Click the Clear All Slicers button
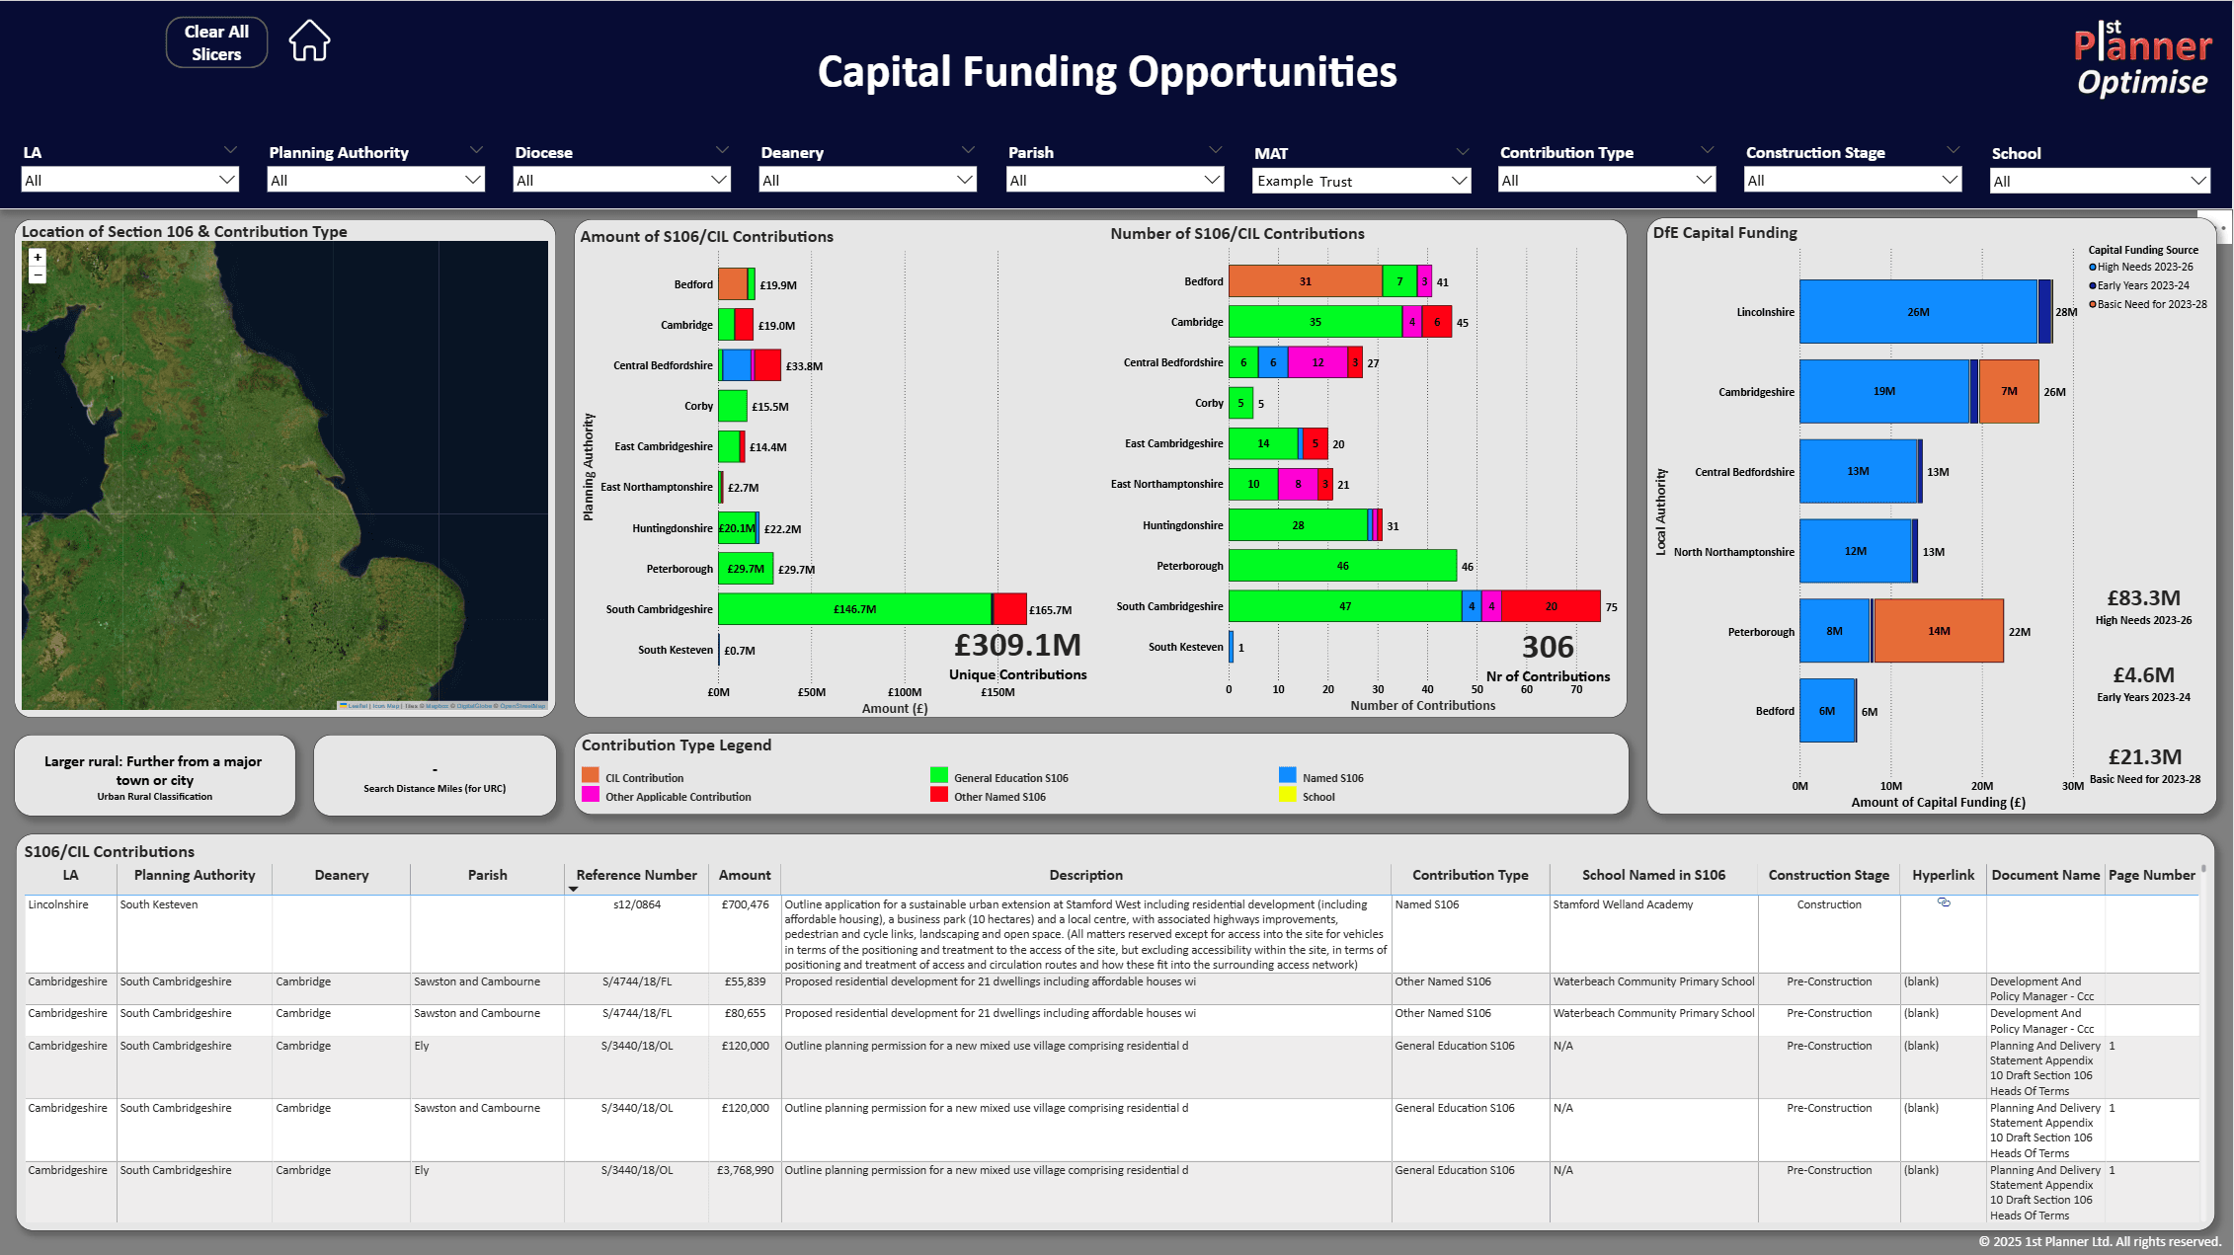coord(216,42)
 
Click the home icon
coord(309,41)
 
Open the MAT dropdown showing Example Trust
coord(1361,181)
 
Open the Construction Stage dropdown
coord(1852,180)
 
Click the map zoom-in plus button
coord(38,257)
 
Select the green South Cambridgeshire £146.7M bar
coord(854,609)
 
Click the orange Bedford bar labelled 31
coord(1305,281)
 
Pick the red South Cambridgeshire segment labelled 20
coord(1551,606)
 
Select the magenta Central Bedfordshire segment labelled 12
coord(1317,362)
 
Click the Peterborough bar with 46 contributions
coord(1342,566)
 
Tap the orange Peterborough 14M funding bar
coord(1938,631)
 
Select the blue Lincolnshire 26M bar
coord(1917,312)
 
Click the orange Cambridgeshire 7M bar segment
coord(2009,391)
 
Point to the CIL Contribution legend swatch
coord(591,776)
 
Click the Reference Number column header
coord(636,875)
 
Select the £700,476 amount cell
coord(745,904)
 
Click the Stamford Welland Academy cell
coord(1623,904)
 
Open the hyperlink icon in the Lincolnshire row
coord(1944,902)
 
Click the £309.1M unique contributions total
coord(1017,646)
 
